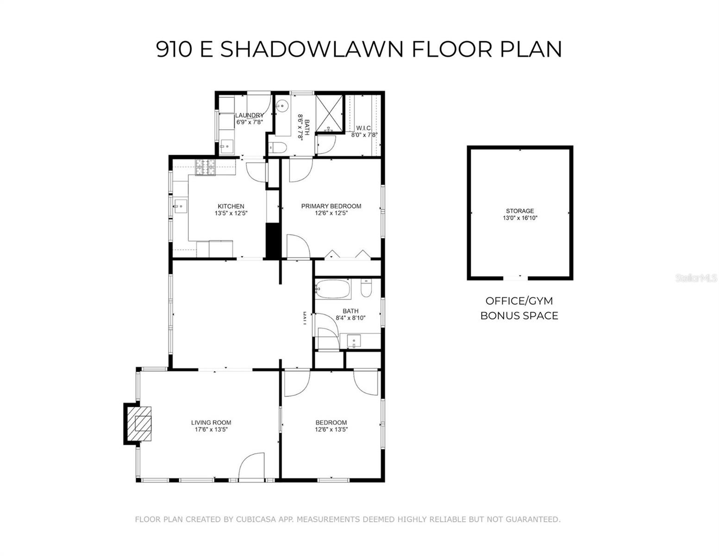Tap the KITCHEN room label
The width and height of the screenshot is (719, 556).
tap(231, 207)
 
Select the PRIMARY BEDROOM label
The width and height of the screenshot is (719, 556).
tap(331, 206)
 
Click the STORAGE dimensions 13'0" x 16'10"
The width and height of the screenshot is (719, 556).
tap(520, 218)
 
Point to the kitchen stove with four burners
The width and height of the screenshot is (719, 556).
tap(206, 167)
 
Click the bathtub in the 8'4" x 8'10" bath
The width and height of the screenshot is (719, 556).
tap(332, 290)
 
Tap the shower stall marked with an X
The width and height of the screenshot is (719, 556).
tap(330, 112)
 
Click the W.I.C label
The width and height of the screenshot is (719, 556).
tap(363, 128)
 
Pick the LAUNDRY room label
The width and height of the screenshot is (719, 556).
tap(249, 115)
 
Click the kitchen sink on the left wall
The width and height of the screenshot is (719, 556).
tap(180, 205)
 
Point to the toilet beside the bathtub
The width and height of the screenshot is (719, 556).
tap(366, 288)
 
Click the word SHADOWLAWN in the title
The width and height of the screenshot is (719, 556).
tap(313, 49)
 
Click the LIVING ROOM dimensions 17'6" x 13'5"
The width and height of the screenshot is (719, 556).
tap(211, 430)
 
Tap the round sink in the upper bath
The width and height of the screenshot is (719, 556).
tap(282, 106)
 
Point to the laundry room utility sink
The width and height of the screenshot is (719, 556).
tap(227, 147)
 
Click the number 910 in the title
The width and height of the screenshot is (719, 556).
tap(174, 49)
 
